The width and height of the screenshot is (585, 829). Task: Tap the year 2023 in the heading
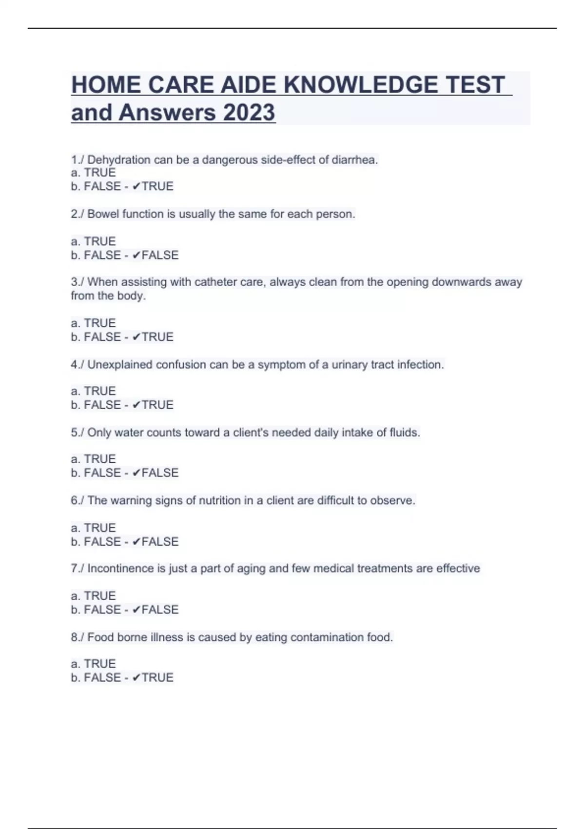(249, 113)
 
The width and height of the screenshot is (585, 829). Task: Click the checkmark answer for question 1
(153, 186)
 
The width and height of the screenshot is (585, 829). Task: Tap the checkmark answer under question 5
(156, 473)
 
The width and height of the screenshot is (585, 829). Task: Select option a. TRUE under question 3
(93, 323)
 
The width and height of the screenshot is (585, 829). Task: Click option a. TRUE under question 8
(93, 664)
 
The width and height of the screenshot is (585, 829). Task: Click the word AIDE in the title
(248, 85)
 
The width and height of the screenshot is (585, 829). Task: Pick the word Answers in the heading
(167, 113)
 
